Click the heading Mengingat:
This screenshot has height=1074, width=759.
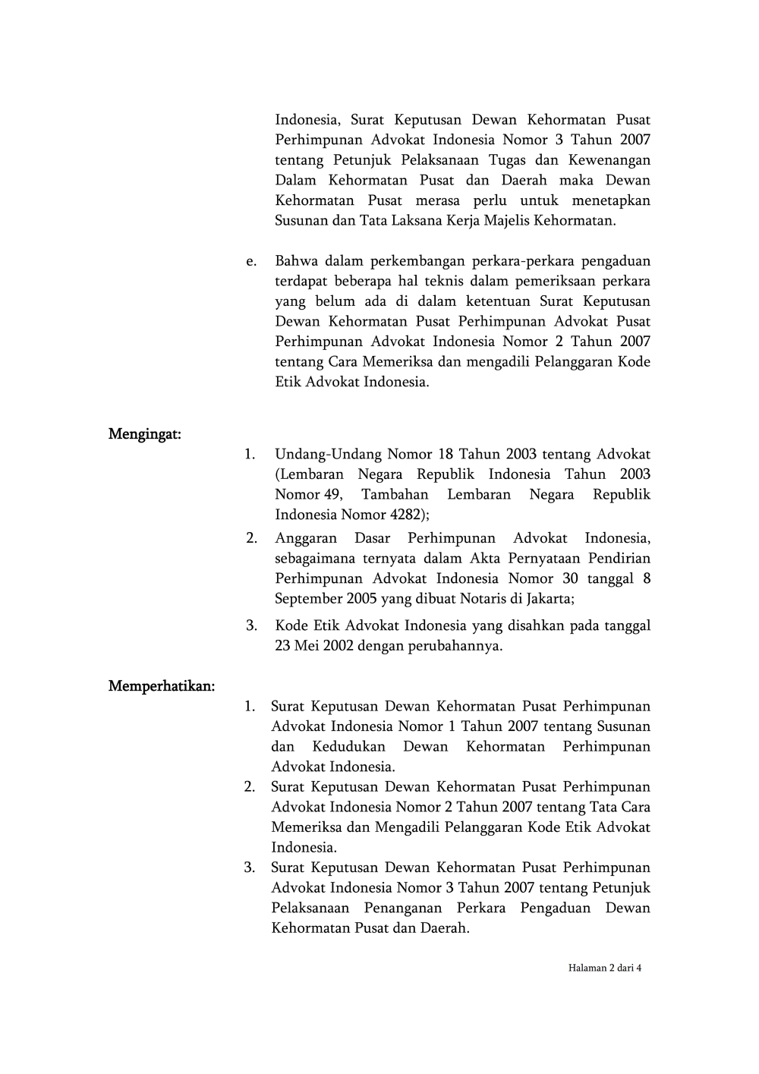144,434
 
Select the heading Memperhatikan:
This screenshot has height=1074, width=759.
162,686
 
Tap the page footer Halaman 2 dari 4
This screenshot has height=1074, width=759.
605,968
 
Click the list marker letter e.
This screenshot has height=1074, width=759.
250,261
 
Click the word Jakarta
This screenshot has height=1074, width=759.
547,599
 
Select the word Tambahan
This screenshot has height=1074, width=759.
395,495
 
